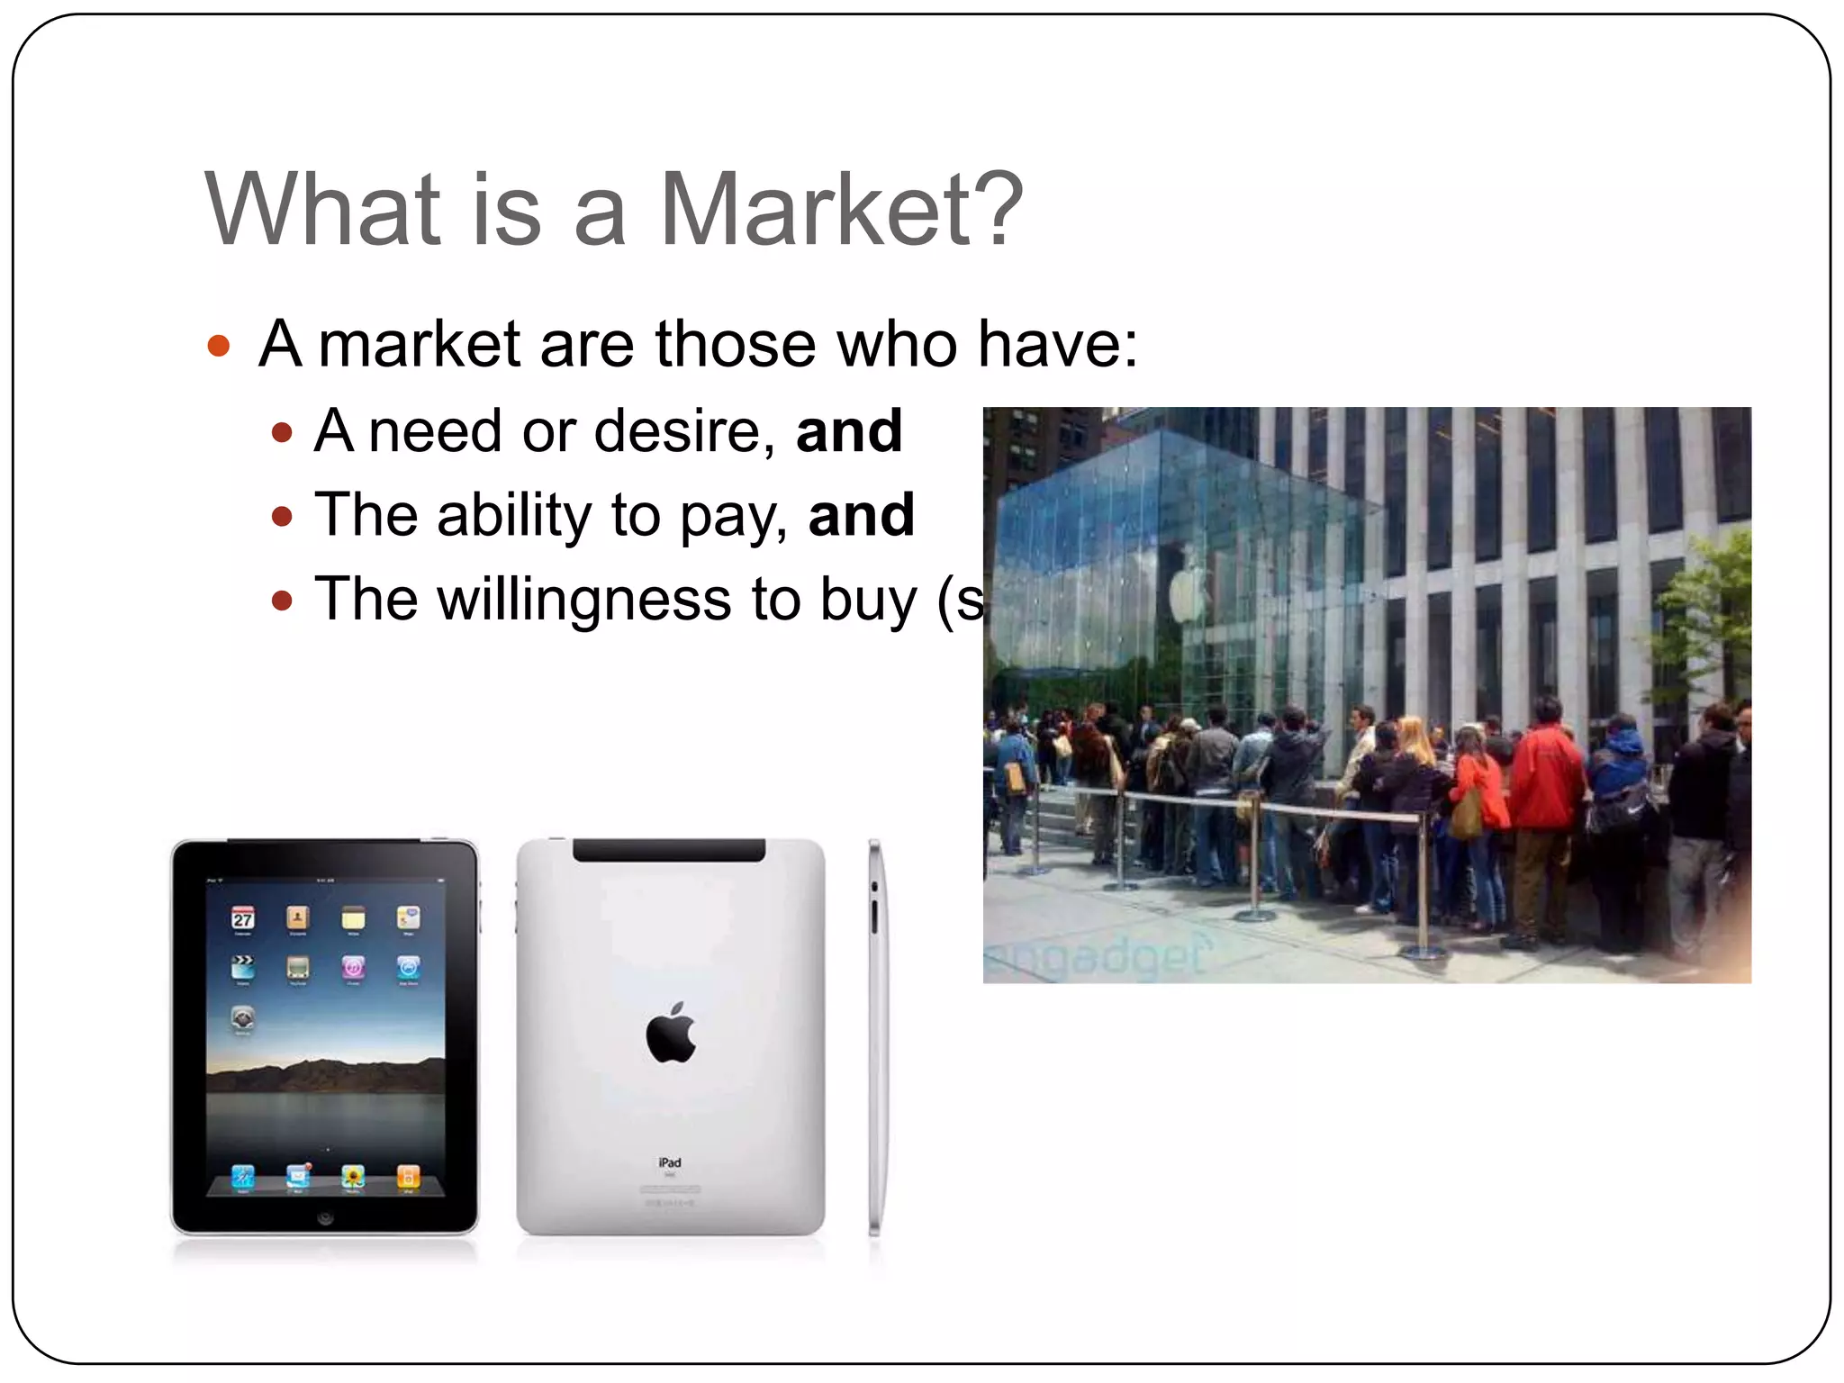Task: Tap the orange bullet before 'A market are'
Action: tap(218, 346)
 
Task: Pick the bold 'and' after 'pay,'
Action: tap(861, 515)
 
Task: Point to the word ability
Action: tap(513, 515)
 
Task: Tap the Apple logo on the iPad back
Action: tap(671, 1033)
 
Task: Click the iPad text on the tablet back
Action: tap(670, 1162)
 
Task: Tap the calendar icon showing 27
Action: tap(243, 917)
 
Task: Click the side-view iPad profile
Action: tap(874, 1035)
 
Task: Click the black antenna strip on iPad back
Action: tap(669, 850)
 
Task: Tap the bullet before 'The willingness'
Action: tap(283, 601)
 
